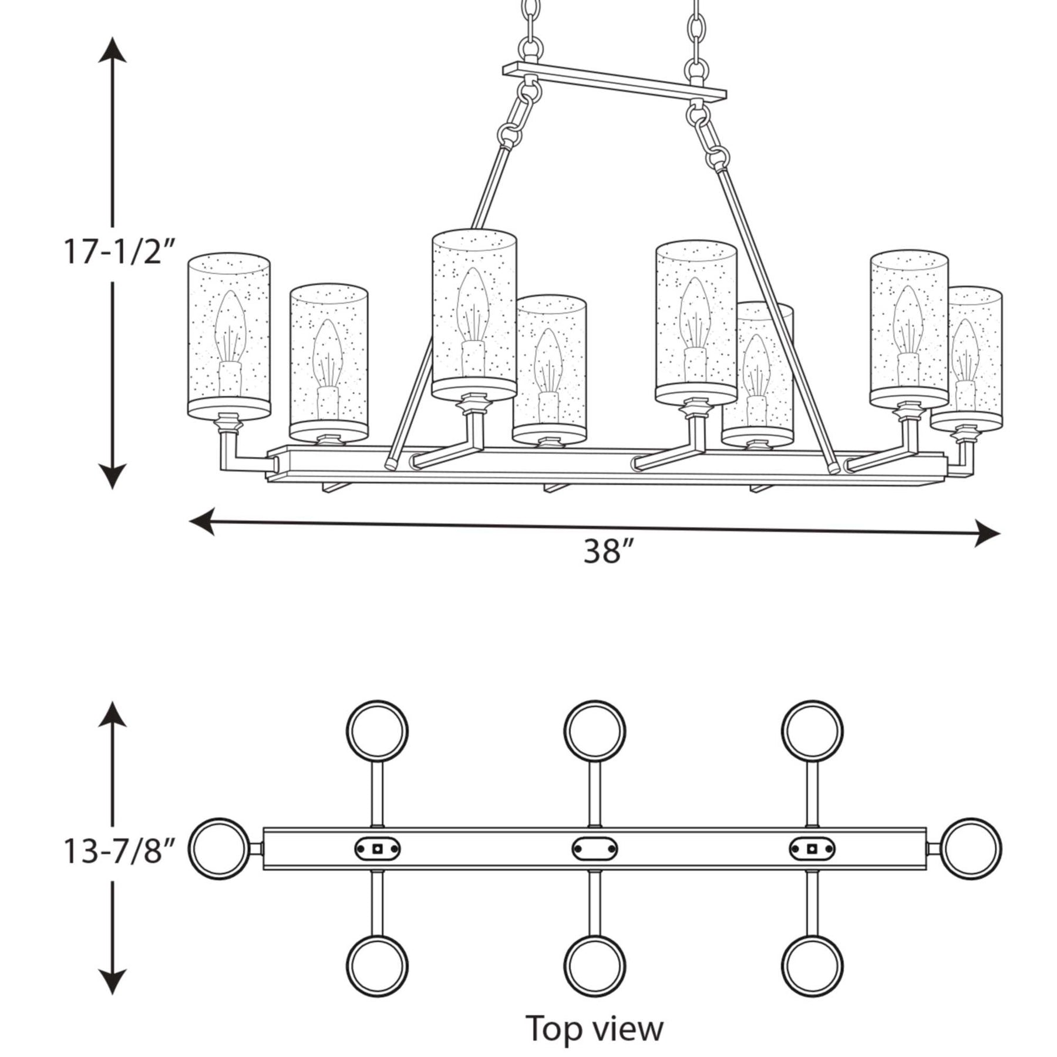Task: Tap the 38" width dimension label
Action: tap(610, 551)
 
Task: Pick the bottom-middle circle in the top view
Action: tap(594, 967)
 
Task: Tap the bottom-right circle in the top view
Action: tap(812, 967)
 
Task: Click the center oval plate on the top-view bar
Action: tap(594, 849)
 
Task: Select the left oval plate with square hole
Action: tap(377, 849)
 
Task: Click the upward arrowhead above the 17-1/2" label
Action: tap(112, 50)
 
